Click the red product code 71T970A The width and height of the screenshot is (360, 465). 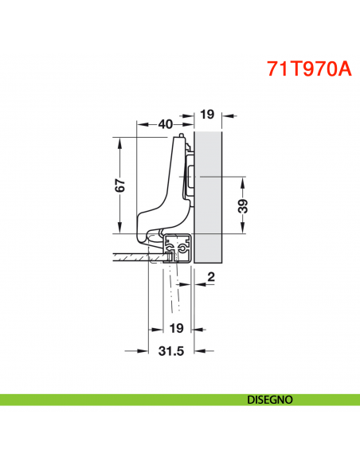point(308,68)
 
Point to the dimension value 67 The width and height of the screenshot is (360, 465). point(119,186)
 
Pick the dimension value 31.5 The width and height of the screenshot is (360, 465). point(172,350)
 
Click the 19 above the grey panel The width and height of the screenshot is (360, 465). point(206,115)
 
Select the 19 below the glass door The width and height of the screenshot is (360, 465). point(176,327)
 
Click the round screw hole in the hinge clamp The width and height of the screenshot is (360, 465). point(183,250)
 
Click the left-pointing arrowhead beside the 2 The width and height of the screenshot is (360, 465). point(199,283)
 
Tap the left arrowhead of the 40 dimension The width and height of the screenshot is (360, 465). point(141,123)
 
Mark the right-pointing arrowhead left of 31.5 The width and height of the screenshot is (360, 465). point(144,350)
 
